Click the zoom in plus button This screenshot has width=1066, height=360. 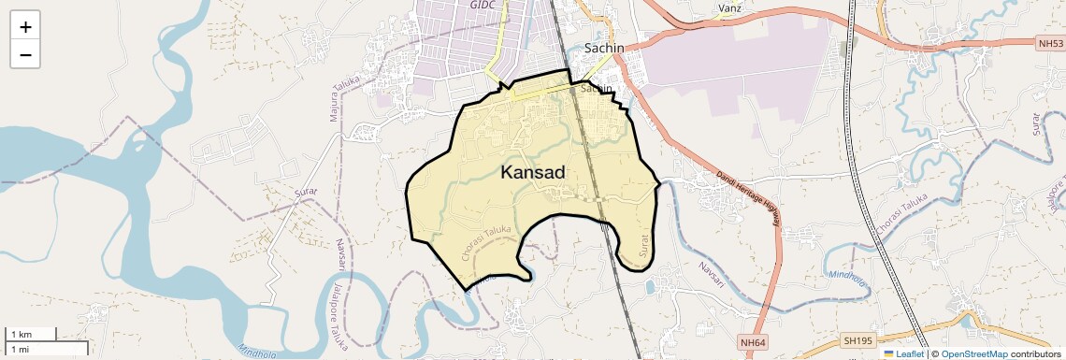click(25, 27)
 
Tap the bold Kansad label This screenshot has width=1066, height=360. click(533, 173)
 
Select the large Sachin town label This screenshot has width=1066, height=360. click(604, 48)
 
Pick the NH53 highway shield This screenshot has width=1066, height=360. click(1050, 43)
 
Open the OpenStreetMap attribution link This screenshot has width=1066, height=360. click(973, 354)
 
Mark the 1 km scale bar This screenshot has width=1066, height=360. click(32, 334)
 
